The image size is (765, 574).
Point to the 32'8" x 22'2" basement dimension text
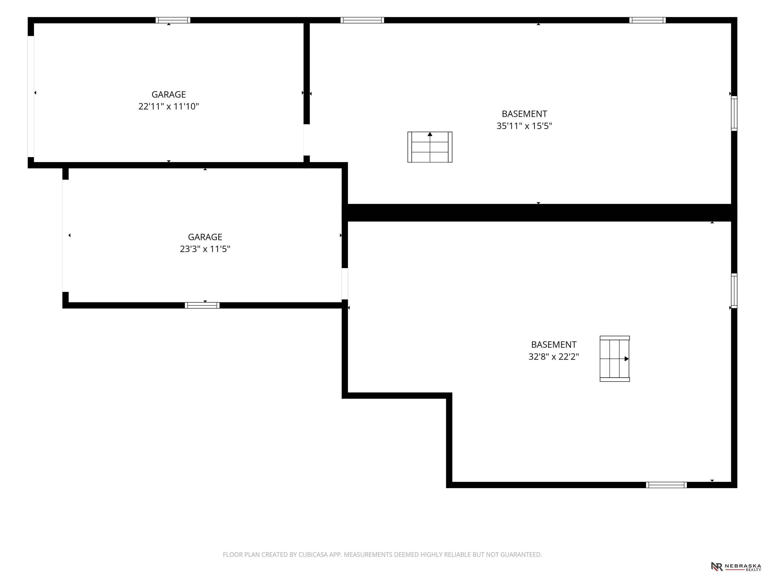[x=553, y=356]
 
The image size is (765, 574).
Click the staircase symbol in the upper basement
[x=430, y=147]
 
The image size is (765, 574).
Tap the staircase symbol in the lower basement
[x=615, y=359]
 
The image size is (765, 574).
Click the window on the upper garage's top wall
[x=173, y=20]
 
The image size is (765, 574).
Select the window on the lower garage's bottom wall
[x=202, y=305]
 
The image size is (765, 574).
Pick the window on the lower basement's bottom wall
[x=666, y=485]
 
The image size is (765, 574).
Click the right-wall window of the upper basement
[x=734, y=114]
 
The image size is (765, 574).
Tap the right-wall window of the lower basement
[x=734, y=291]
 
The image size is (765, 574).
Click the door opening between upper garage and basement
[x=306, y=140]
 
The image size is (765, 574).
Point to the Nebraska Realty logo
[x=736, y=566]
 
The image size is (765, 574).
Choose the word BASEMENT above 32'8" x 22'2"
[x=553, y=345]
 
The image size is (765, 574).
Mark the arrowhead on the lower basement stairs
[x=627, y=359]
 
